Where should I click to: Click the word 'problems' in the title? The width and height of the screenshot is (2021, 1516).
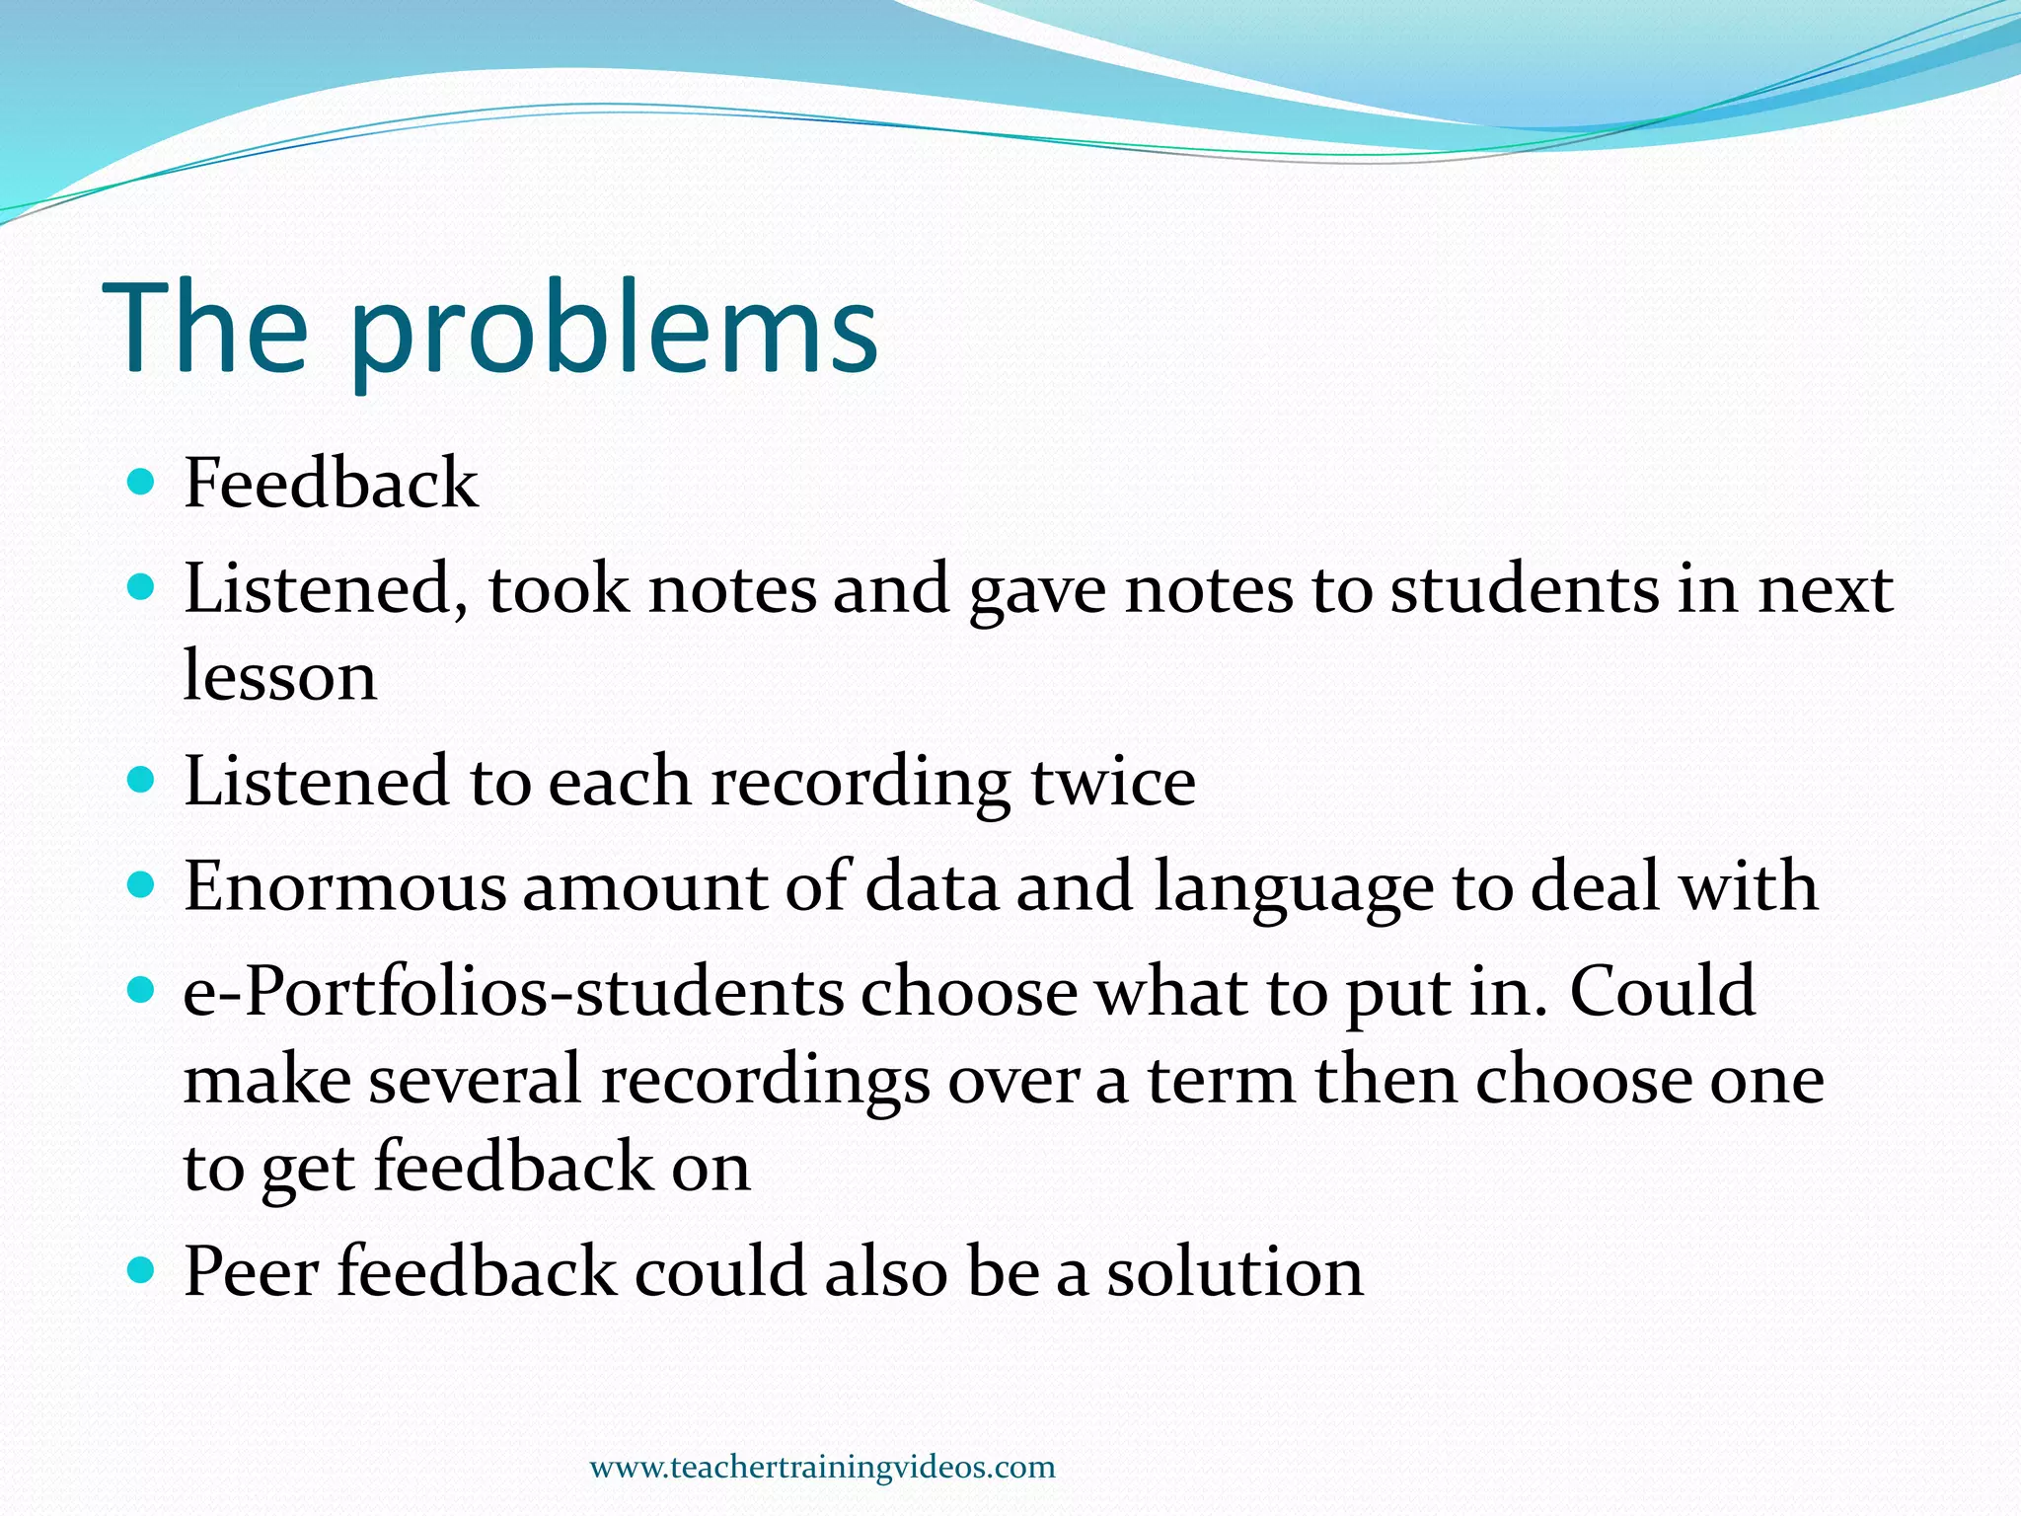click(612, 331)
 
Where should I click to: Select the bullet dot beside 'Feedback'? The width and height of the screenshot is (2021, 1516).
click(142, 483)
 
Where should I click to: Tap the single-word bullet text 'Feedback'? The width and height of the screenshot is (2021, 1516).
click(331, 484)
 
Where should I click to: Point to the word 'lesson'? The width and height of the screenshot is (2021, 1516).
click(280, 677)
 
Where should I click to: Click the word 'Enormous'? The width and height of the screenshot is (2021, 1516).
click(344, 886)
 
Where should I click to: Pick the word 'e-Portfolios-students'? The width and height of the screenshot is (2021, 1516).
click(513, 992)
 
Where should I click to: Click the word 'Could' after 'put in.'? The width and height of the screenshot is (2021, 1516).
click(1662, 991)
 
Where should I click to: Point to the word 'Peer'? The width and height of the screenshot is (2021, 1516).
click(252, 1271)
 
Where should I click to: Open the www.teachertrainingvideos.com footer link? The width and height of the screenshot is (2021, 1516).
click(822, 1467)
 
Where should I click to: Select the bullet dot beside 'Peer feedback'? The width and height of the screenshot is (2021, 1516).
click(142, 1268)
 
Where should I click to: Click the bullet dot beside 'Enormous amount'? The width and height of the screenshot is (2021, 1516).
click(142, 883)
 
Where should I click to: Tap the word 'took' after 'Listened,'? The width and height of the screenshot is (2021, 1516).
click(558, 589)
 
